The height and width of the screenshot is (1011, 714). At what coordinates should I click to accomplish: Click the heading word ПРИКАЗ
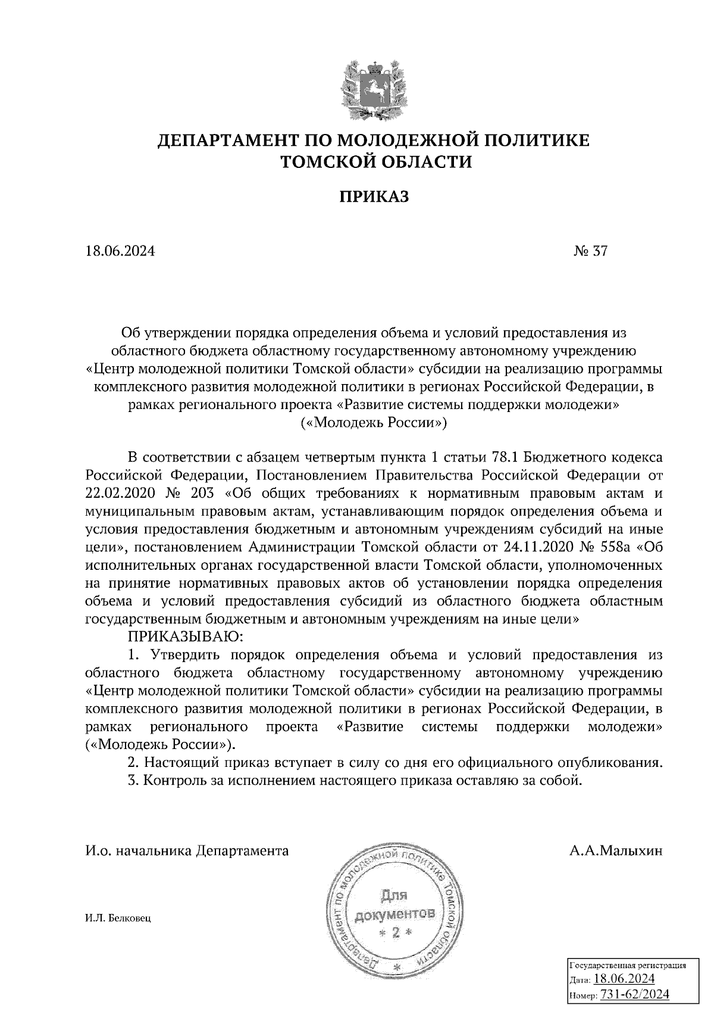coord(374,197)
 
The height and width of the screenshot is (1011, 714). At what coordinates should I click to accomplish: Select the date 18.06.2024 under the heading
coord(120,251)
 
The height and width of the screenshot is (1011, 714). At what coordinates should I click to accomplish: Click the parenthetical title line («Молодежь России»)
coord(374,423)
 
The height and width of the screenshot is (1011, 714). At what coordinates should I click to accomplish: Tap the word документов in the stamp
coord(395,914)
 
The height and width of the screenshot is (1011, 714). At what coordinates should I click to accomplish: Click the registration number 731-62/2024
coord(635,994)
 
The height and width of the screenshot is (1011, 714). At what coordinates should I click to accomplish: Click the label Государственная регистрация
coord(628,965)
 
